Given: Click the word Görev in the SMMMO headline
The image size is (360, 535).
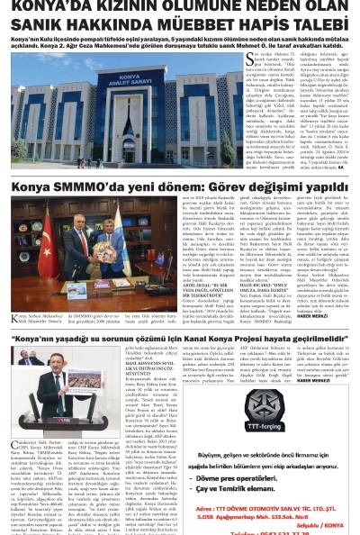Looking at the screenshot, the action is point(219,189).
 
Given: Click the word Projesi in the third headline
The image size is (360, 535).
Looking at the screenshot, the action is point(249,339).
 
